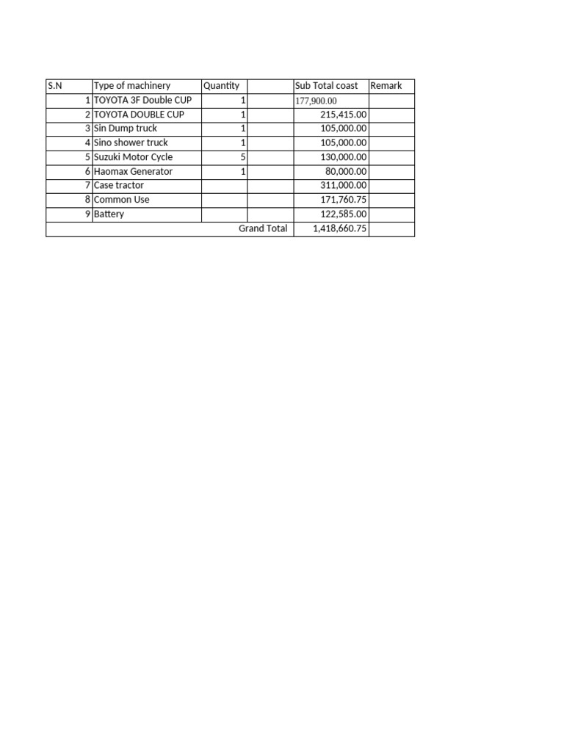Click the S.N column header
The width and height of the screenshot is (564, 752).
pos(55,86)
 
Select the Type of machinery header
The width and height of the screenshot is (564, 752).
pos(132,86)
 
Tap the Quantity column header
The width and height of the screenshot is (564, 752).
pos(221,86)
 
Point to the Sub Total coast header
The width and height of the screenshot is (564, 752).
pos(326,86)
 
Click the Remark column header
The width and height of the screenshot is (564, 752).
pos(386,86)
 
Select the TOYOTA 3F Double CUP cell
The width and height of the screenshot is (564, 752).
pos(142,100)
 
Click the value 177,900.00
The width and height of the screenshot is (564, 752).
pos(316,101)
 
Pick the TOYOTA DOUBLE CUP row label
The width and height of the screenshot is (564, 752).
pos(139,115)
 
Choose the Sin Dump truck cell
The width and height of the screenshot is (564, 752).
pos(126,129)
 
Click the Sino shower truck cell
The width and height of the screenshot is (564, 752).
pos(131,142)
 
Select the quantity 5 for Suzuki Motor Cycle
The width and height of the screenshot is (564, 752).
pos(242,157)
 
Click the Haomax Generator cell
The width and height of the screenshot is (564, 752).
pos(134,171)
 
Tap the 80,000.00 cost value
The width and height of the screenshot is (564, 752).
pos(347,171)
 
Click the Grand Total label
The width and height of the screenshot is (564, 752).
pos(263,228)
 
